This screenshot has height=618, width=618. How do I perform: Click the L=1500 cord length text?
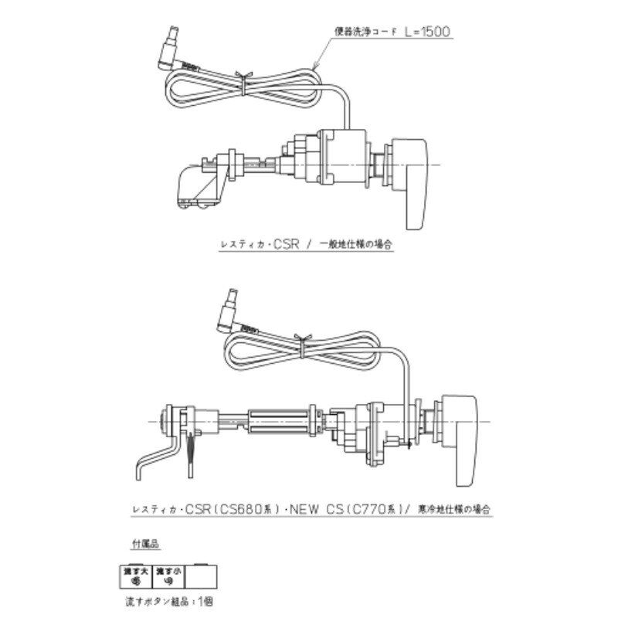422,32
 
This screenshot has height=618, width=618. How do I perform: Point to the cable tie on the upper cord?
242,81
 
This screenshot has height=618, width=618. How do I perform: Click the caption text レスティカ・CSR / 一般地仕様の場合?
305,244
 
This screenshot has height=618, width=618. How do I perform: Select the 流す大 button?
132,576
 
